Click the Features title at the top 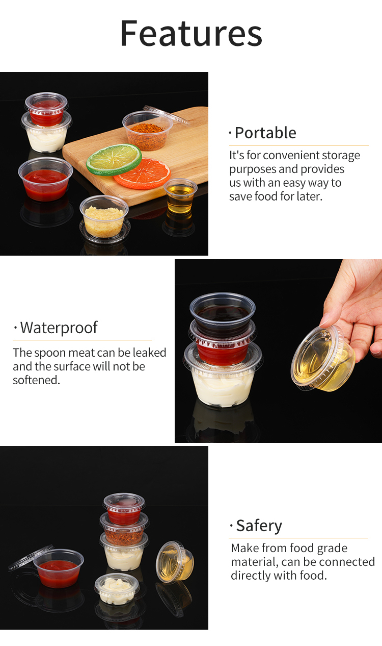point(191,33)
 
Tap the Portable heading point(265,133)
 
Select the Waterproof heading point(59,328)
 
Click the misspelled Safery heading point(259,526)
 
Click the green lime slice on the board point(114,160)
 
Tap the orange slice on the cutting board point(143,173)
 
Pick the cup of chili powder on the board point(148,131)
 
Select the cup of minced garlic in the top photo point(104,216)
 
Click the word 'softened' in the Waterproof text point(36,380)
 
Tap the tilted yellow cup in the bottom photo point(175,561)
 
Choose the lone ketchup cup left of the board point(45,179)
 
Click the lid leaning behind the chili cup point(167,115)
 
